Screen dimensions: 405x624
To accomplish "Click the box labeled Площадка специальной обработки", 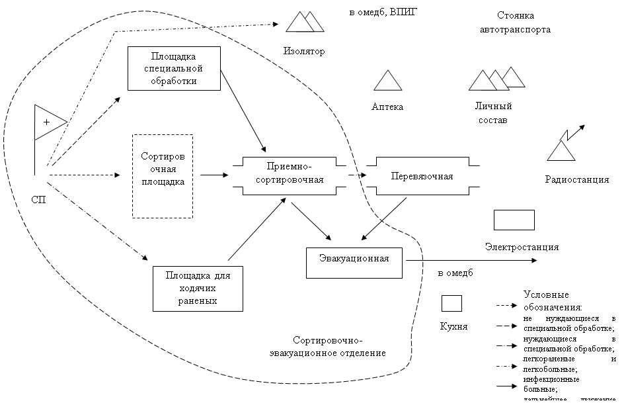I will [174, 68].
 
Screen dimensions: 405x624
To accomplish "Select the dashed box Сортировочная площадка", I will [163, 176].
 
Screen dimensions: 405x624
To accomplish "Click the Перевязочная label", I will [422, 176].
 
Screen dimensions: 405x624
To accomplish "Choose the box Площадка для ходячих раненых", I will [198, 288].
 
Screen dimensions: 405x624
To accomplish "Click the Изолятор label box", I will [303, 51].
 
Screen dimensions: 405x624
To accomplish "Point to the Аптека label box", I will [387, 107].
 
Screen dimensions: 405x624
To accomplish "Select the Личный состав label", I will [492, 114].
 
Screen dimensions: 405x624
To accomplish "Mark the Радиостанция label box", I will [576, 179].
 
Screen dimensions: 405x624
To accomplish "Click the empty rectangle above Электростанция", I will [514, 220].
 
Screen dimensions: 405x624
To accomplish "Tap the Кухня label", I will [453, 327].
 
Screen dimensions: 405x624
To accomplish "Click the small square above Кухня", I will [451, 302].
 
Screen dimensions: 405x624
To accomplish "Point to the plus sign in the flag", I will [46, 122].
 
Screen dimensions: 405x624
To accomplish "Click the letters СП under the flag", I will [39, 200].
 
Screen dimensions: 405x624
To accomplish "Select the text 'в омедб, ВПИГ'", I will [383, 13].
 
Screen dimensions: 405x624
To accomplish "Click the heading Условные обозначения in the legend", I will [552, 301].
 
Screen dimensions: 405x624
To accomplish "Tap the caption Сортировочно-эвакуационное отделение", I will [327, 347].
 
